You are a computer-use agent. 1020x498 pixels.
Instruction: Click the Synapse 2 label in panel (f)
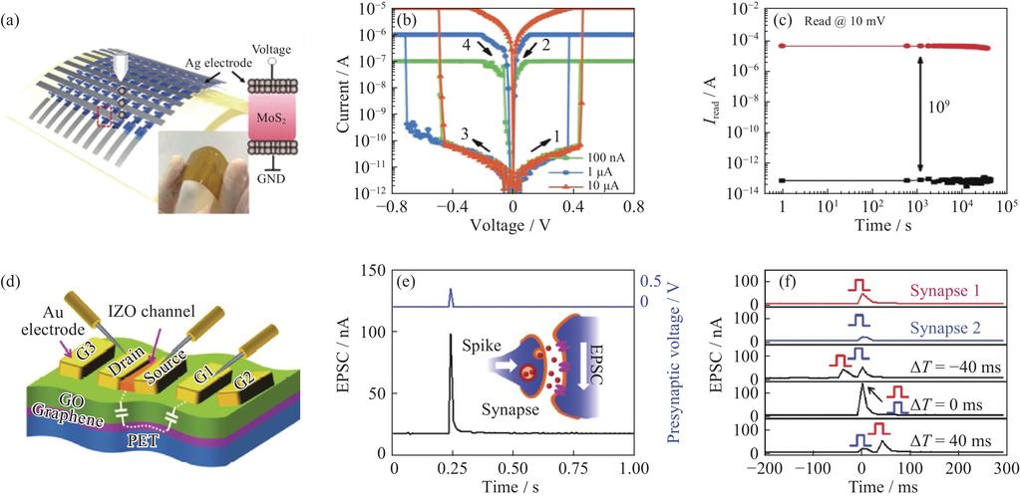pos(941,322)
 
